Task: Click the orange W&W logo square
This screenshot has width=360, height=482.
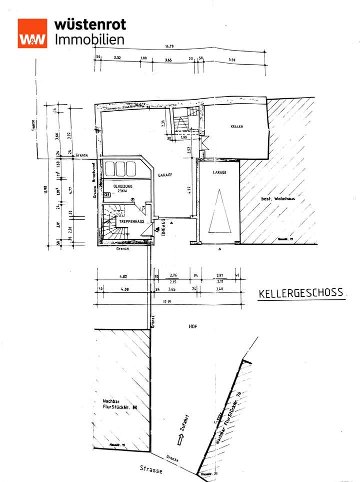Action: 32,34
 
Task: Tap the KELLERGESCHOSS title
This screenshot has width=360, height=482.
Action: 301,293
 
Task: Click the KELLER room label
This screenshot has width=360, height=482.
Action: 236,127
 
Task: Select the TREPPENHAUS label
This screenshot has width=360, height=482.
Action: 131,221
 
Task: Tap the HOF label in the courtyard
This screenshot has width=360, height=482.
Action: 192,326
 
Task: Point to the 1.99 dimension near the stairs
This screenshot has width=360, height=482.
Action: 184,138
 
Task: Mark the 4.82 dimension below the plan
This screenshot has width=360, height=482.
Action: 123,276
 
